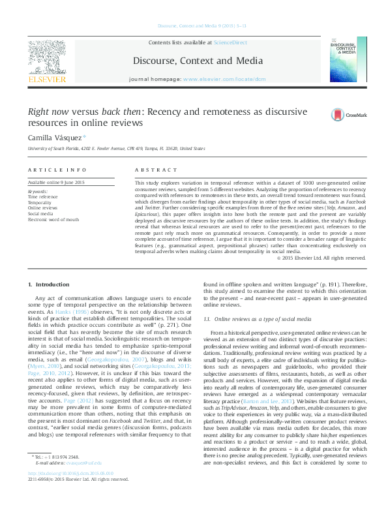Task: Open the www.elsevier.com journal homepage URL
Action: point(215,78)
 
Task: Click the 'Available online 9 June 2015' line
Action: point(56,183)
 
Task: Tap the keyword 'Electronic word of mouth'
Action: point(53,220)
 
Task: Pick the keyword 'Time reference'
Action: point(42,196)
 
